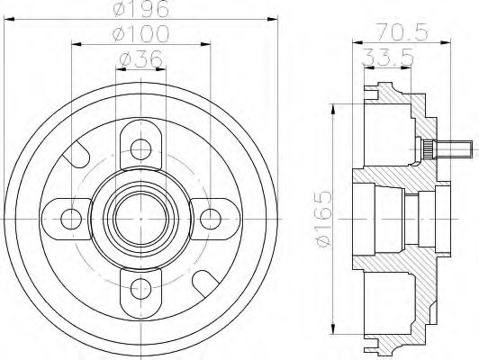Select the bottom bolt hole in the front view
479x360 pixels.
(x=140, y=287)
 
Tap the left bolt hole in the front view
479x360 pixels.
(x=70, y=216)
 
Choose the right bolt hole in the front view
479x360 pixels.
(x=211, y=216)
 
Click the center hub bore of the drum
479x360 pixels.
(x=140, y=216)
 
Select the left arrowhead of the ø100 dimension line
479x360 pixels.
(x=74, y=43)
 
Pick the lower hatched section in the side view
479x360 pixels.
(x=396, y=288)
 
